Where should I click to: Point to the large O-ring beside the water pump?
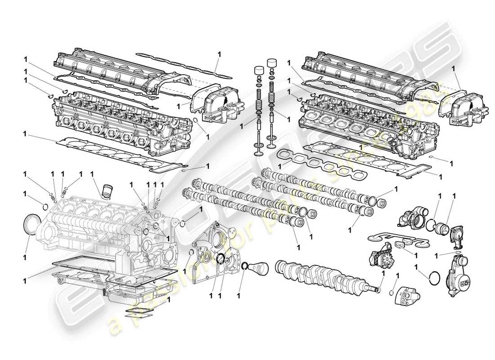pyautogui.click(x=434, y=278)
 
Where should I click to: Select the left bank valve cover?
pyautogui.click(x=106, y=67)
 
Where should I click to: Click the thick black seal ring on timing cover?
pyautogui.click(x=220, y=260)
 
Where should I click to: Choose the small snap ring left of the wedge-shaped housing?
pyautogui.click(x=391, y=291)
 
